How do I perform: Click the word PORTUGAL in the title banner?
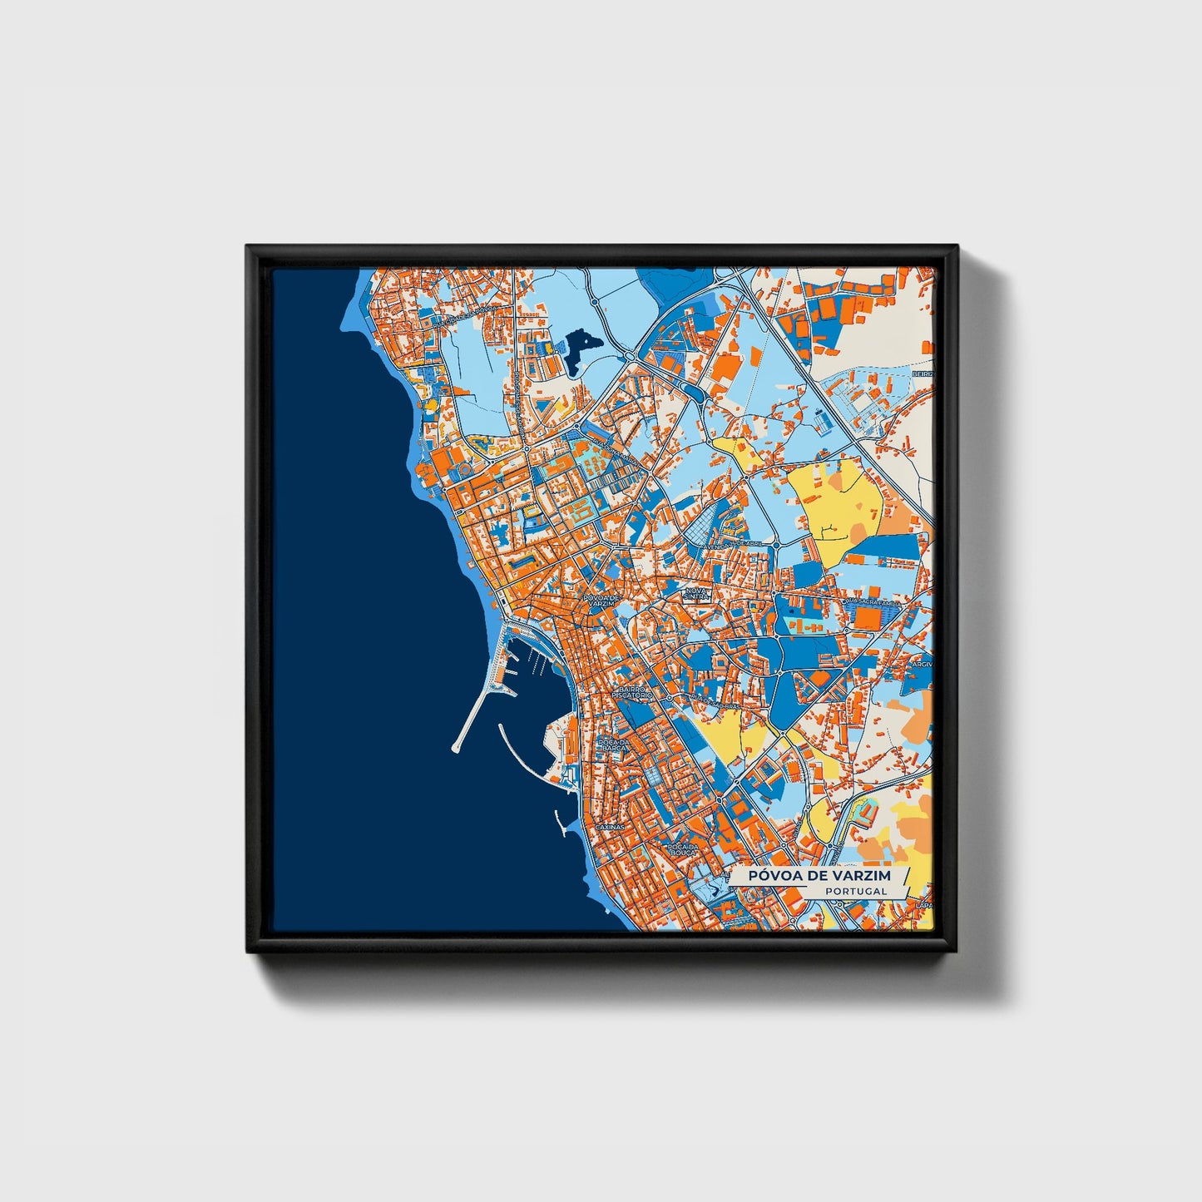click(x=856, y=891)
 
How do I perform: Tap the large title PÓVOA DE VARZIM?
click(x=819, y=875)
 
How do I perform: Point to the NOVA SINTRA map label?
click(x=695, y=593)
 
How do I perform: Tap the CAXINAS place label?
click(x=609, y=829)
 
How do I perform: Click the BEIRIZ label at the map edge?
click(x=923, y=375)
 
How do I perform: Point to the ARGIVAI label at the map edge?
click(x=923, y=665)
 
